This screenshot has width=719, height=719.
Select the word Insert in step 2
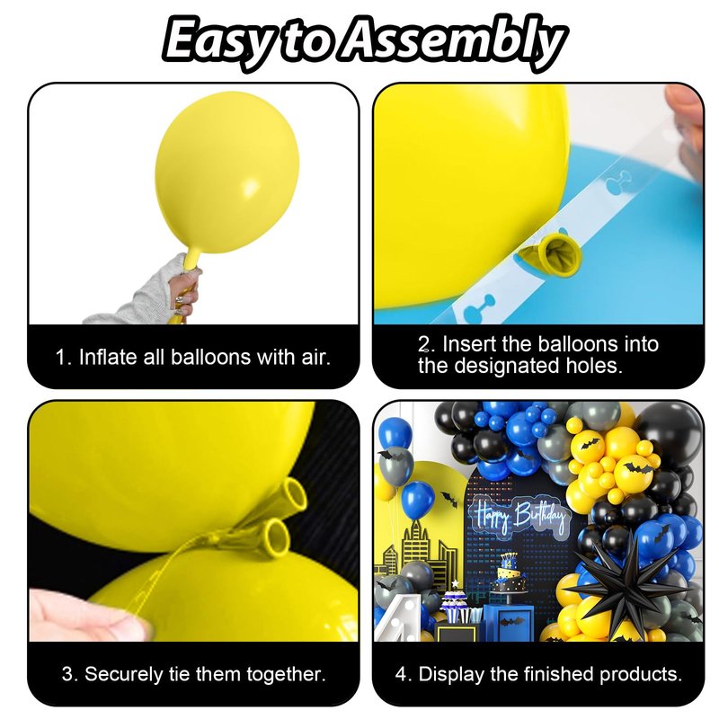(469, 344)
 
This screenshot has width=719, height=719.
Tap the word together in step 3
(286, 675)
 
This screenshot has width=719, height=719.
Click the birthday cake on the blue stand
(508, 576)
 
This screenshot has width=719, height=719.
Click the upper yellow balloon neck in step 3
(288, 497)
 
